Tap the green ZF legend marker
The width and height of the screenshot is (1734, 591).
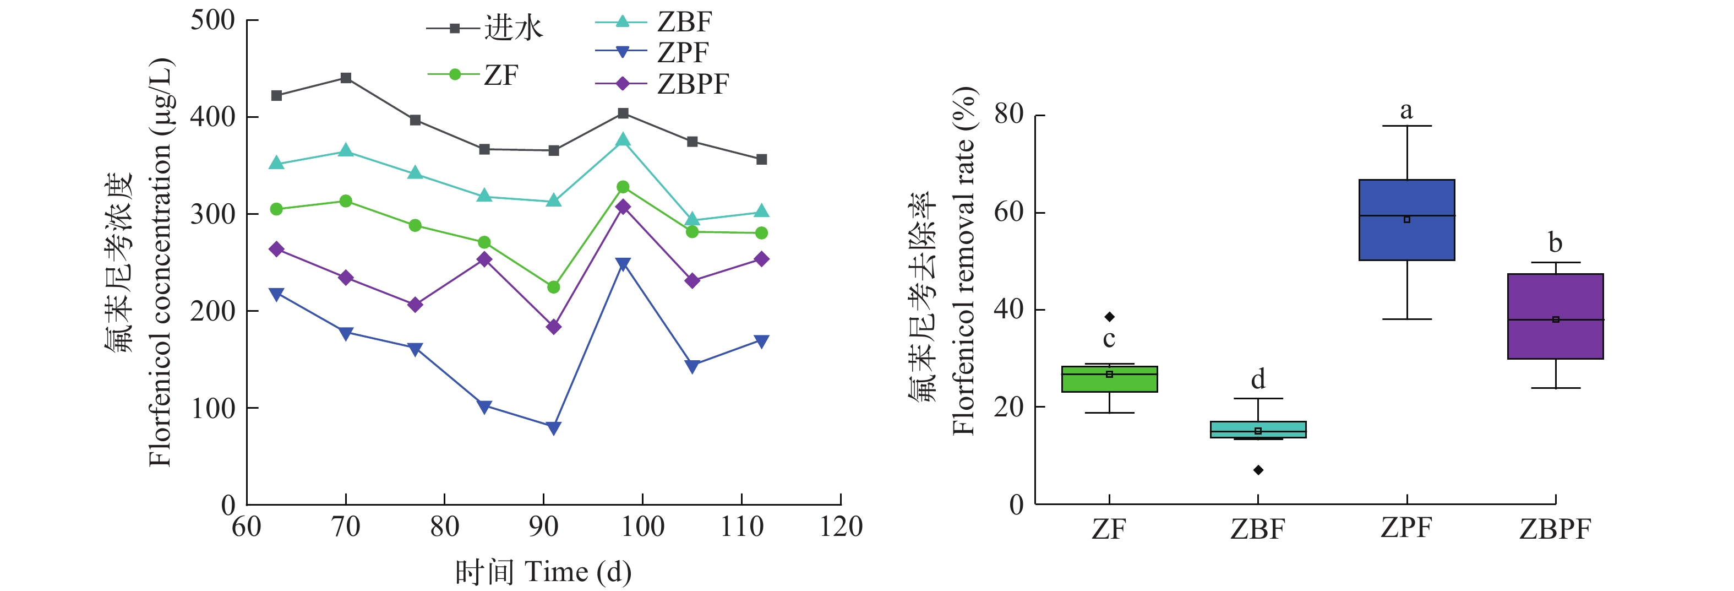click(455, 74)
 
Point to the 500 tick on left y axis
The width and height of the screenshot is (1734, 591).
click(212, 20)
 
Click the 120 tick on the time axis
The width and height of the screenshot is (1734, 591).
click(841, 527)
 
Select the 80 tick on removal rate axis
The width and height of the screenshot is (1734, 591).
click(1009, 115)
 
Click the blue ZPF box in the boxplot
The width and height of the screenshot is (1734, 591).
click(1407, 220)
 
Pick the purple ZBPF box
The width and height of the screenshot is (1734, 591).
click(1556, 316)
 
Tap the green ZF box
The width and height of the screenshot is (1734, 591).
click(1109, 379)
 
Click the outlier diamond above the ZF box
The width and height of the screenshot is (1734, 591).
click(1109, 317)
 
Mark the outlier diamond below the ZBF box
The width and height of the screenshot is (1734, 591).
click(1258, 470)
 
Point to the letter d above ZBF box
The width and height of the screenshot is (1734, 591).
click(1258, 379)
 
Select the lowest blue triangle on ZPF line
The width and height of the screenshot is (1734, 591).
click(553, 428)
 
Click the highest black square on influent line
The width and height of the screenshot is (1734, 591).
click(346, 78)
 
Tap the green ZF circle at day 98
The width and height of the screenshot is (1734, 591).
click(623, 187)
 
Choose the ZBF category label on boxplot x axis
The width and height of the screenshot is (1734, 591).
click(1257, 529)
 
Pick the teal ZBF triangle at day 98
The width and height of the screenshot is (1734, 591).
click(623, 140)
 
